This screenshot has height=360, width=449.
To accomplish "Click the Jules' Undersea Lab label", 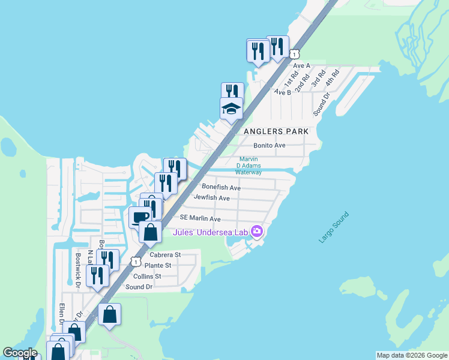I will click(211, 232).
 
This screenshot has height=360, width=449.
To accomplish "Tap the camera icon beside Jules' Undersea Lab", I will click(258, 231).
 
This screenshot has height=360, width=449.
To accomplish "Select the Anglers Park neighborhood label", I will click(276, 131).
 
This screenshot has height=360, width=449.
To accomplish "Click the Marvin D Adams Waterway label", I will click(249, 166).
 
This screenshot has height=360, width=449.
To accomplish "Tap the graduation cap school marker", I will click(231, 109).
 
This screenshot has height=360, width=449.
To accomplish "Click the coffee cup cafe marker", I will click(140, 217).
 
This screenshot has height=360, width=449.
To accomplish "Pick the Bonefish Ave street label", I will click(221, 188).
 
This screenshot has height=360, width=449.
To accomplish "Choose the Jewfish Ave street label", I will click(211, 198).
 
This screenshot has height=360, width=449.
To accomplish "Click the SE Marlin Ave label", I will click(196, 219).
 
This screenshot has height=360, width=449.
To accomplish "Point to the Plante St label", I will click(158, 265).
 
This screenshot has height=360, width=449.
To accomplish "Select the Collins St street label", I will click(147, 276).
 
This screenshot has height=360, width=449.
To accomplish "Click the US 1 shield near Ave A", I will click(294, 54).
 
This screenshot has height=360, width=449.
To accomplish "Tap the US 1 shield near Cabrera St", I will click(136, 262).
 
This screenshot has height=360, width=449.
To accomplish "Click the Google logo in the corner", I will click(20, 353).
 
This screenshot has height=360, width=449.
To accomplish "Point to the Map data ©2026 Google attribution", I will click(412, 355).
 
